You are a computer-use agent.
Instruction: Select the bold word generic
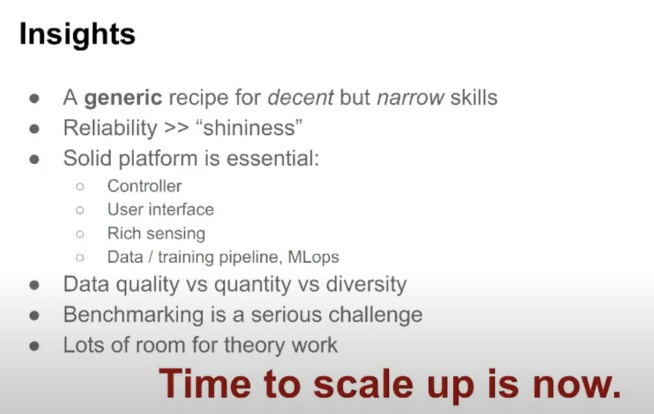(x=123, y=98)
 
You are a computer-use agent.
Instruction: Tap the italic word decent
(x=300, y=98)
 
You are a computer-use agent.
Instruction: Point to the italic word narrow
(x=411, y=98)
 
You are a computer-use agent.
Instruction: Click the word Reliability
(x=110, y=128)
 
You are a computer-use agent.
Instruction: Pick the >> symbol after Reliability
(x=176, y=128)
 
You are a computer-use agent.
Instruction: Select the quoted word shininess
(x=249, y=128)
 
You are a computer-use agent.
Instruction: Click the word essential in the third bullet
(x=273, y=158)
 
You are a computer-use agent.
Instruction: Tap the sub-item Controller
(x=144, y=186)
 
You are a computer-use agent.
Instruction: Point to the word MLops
(x=313, y=257)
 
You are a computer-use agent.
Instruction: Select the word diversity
(x=366, y=285)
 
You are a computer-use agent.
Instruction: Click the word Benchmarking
(x=133, y=315)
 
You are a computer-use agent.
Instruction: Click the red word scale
(x=363, y=384)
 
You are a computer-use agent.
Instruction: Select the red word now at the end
(x=577, y=385)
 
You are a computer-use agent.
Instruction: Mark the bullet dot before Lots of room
(x=34, y=346)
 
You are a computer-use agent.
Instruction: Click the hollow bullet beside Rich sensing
(x=80, y=234)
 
